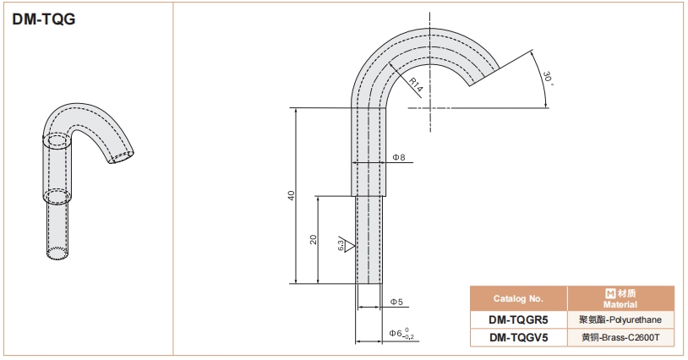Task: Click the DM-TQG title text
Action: [44, 19]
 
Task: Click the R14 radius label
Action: [415, 85]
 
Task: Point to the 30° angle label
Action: [547, 79]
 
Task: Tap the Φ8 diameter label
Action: [398, 157]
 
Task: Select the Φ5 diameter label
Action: [396, 302]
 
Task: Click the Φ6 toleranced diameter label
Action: [401, 334]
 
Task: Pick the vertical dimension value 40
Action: [292, 195]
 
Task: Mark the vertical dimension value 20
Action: [313, 239]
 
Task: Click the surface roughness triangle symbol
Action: [349, 247]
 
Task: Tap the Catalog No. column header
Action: [518, 298]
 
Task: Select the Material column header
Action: [620, 298]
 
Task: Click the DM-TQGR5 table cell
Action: [518, 319]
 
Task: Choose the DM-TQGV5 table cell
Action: [519, 337]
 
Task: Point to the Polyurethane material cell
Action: [620, 319]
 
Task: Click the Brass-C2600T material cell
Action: [620, 337]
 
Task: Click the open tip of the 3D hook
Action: [123, 157]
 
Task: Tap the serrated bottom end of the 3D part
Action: [57, 254]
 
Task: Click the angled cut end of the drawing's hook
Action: [484, 77]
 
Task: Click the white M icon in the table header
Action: [610, 293]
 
